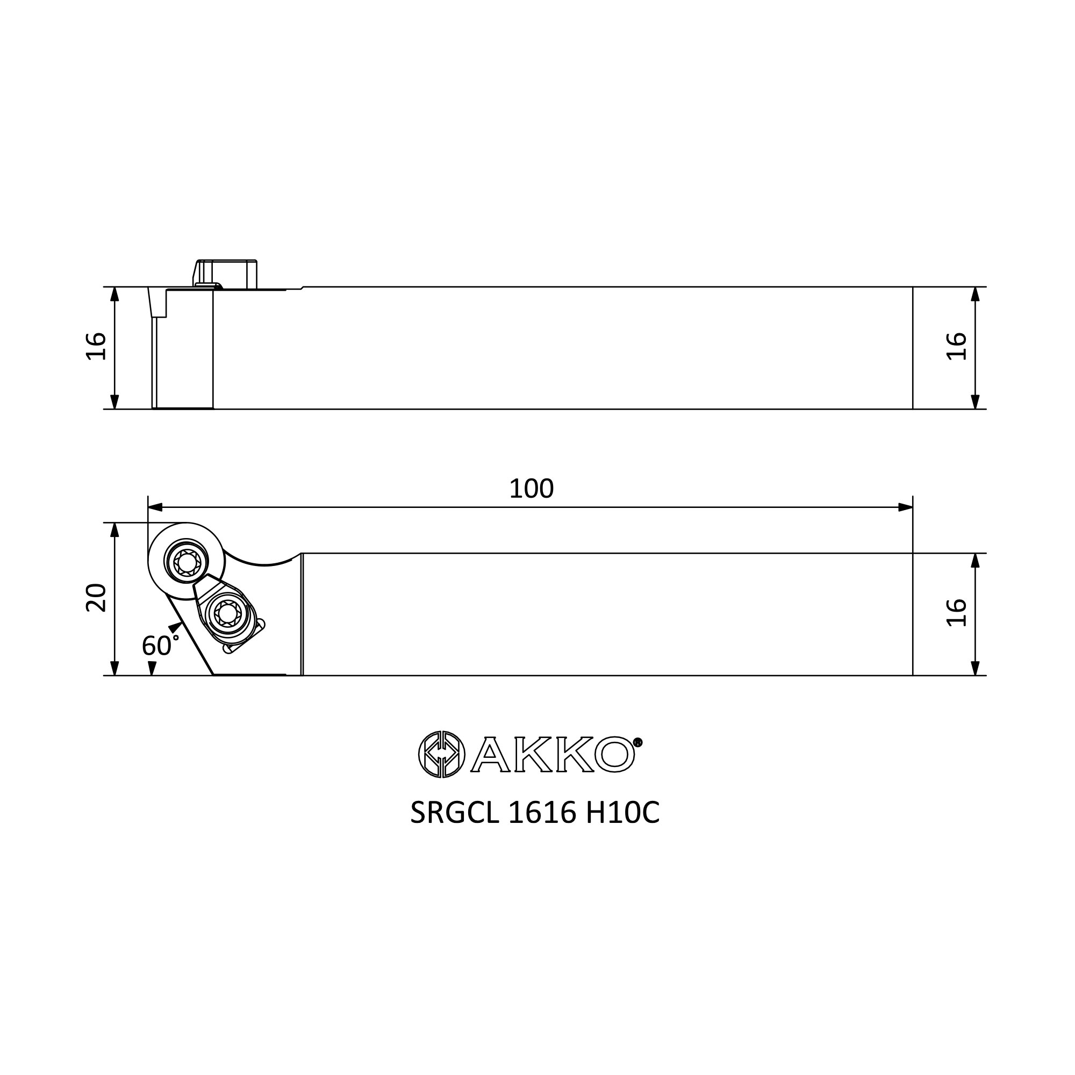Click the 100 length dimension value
tap(532, 489)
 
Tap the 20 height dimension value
tap(96, 598)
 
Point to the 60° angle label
tap(160, 646)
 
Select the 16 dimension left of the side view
tap(96, 346)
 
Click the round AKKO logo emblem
tap(441, 754)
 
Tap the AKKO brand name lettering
tap(553, 755)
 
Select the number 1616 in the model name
tap(541, 813)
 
